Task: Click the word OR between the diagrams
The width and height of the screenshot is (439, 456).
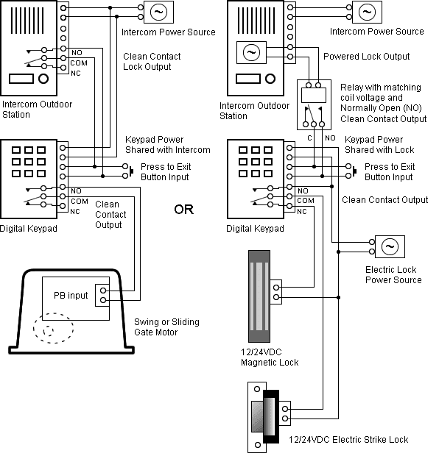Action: (183, 210)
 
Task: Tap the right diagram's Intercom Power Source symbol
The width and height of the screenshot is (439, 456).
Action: (367, 12)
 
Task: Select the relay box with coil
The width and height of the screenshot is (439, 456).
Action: (315, 104)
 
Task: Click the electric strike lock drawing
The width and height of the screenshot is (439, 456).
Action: (266, 416)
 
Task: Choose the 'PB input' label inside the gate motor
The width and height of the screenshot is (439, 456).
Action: (71, 296)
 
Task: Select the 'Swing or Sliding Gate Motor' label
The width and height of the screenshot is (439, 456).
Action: (166, 327)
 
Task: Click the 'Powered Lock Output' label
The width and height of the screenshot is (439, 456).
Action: (366, 57)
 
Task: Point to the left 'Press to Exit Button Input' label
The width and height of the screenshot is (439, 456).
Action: (164, 172)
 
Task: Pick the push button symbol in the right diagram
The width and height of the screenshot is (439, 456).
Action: (354, 171)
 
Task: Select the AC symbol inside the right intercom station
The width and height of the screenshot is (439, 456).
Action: (250, 53)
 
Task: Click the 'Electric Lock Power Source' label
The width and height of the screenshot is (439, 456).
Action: (393, 275)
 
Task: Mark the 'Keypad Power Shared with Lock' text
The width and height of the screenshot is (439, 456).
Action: (373, 145)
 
